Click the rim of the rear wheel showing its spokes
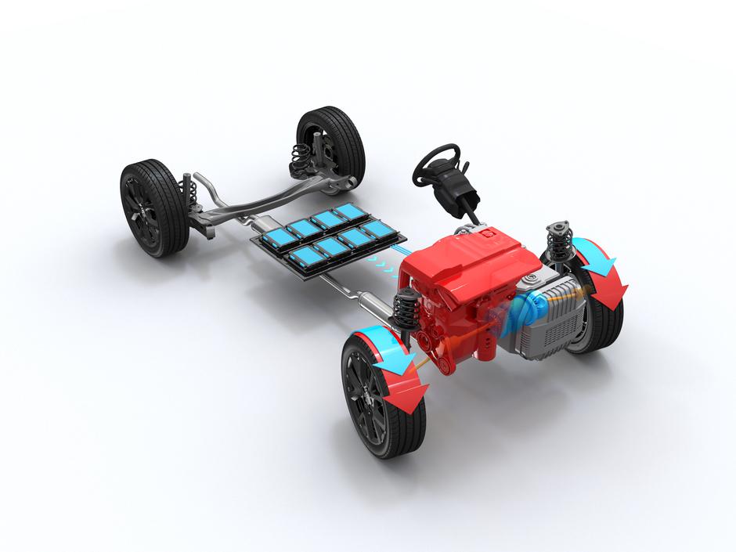point(145,210)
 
